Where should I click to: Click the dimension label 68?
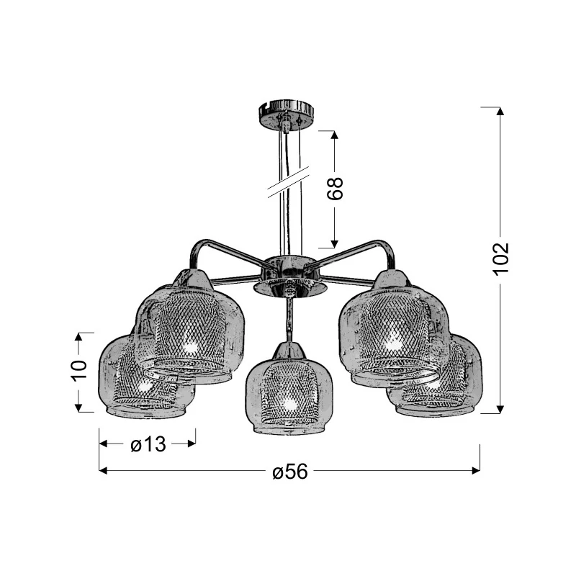335,189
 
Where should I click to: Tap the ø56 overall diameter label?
290,471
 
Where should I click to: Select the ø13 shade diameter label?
148,444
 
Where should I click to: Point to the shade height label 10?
79,371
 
